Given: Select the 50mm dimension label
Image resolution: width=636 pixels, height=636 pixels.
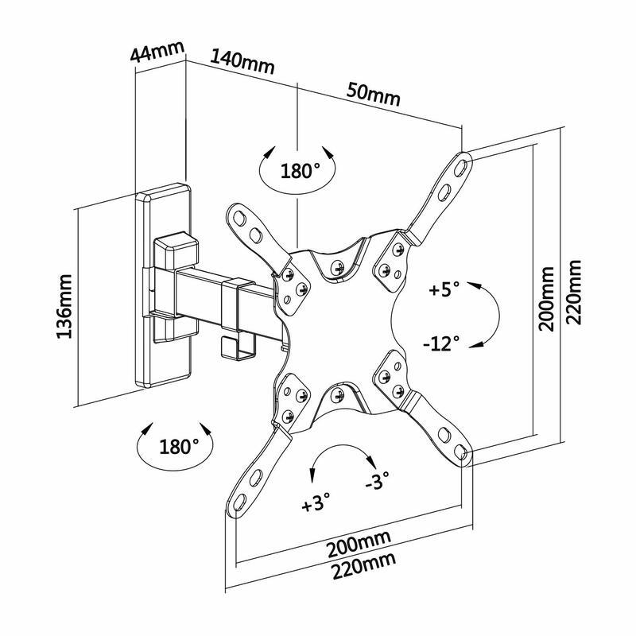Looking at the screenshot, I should [373, 95].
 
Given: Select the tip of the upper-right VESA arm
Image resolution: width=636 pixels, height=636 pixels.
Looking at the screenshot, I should [461, 159].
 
